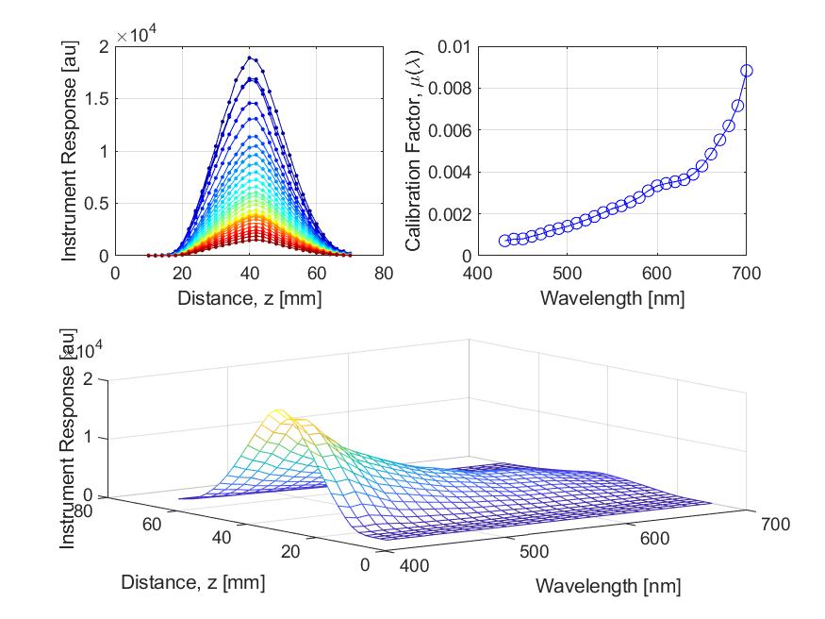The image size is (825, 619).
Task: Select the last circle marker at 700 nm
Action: click(x=747, y=71)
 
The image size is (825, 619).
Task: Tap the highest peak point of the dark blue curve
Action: click(x=250, y=58)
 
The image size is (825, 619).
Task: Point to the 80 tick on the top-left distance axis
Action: click(x=384, y=273)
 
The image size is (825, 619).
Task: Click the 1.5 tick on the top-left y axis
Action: click(x=97, y=99)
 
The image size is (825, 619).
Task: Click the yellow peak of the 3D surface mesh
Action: click(x=279, y=412)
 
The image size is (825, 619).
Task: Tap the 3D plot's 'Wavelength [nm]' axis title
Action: click(x=607, y=586)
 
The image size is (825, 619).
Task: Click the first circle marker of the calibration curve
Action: click(x=504, y=241)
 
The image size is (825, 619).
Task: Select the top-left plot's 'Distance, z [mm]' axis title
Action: click(x=249, y=296)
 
